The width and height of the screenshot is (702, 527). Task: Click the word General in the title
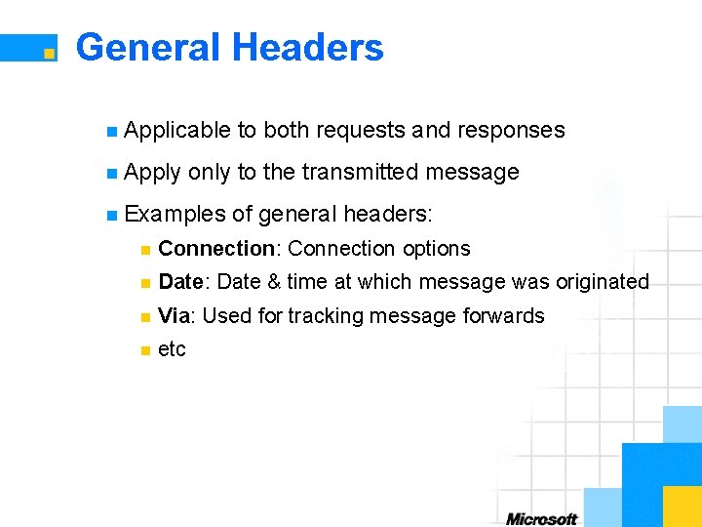[x=147, y=47]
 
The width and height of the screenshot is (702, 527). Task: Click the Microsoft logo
[x=542, y=518]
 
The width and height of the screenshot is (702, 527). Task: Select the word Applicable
[x=177, y=131]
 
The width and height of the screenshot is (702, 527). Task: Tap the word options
[x=436, y=249]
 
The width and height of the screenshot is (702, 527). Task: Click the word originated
[x=602, y=282]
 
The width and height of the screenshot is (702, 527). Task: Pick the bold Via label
[x=174, y=315]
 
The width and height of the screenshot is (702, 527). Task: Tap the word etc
[x=172, y=349]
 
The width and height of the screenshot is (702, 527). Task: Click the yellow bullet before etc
[x=144, y=350]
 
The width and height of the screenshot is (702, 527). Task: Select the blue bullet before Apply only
[x=113, y=174]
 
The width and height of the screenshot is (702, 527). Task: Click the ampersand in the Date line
[x=274, y=282]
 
